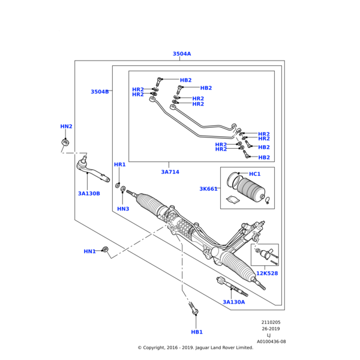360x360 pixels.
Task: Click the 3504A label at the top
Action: (x=182, y=54)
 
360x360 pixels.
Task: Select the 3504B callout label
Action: (x=100, y=92)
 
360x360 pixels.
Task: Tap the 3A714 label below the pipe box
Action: (x=170, y=172)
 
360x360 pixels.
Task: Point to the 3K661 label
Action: (x=209, y=189)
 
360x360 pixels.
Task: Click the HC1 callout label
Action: (x=254, y=174)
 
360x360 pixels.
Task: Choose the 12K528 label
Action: (x=267, y=274)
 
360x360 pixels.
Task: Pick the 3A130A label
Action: (x=234, y=302)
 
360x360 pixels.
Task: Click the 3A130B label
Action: (x=89, y=194)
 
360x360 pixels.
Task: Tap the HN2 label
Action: (x=66, y=127)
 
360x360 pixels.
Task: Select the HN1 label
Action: (x=89, y=251)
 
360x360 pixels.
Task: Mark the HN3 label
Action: (x=123, y=209)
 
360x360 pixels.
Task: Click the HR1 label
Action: (x=120, y=164)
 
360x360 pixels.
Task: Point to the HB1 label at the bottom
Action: (x=197, y=332)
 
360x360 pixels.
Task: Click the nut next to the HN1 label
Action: (x=105, y=249)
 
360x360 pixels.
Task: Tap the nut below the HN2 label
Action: (x=66, y=142)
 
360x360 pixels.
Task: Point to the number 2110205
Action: (x=271, y=322)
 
